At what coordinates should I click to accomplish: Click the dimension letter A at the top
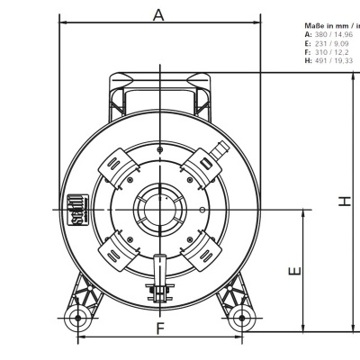(159, 13)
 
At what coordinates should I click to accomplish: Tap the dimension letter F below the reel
(159, 328)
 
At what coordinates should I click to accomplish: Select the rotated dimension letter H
(346, 202)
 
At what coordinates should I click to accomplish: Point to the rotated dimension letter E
(294, 270)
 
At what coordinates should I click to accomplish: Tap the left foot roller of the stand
(78, 318)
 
